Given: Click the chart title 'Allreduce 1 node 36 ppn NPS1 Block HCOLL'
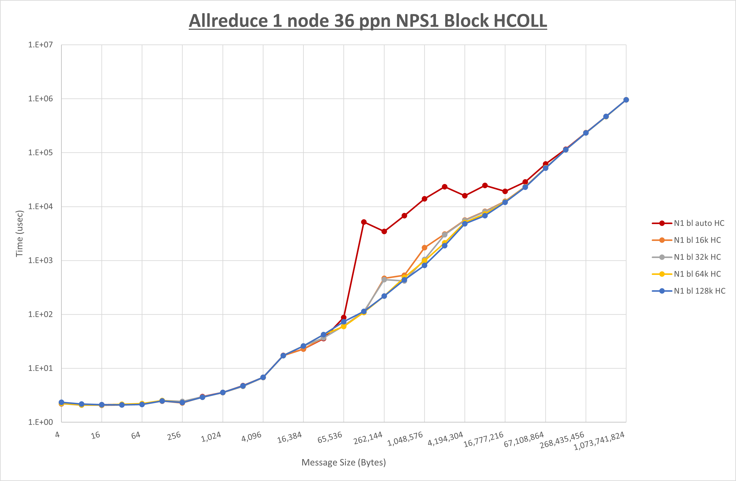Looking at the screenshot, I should click(x=368, y=21).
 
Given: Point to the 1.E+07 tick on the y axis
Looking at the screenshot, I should click(x=41, y=45).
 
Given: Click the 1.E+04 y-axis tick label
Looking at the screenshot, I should click(x=41, y=206).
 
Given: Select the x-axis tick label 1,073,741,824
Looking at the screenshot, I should click(x=599, y=441).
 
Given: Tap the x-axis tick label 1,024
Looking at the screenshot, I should click(x=211, y=437).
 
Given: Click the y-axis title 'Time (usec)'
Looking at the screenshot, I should click(x=19, y=233).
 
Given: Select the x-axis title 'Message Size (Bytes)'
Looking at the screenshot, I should click(x=344, y=462).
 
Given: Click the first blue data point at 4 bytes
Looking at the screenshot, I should click(x=62, y=402).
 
